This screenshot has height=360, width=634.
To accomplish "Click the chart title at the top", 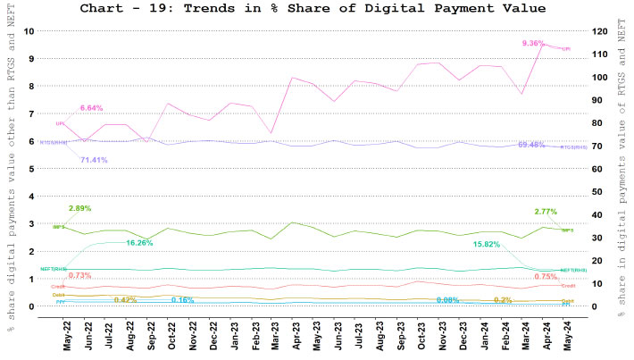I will click(324, 9).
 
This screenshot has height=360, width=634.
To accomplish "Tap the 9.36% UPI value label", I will click(534, 43).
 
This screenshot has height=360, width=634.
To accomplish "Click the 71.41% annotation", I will click(94, 160).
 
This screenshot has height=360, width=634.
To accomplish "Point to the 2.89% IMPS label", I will click(80, 208).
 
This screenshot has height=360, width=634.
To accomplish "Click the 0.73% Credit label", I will click(80, 275).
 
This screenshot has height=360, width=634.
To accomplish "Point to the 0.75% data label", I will click(545, 276).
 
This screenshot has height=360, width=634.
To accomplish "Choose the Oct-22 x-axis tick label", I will click(167, 336).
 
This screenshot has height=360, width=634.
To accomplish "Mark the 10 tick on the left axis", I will click(29, 31).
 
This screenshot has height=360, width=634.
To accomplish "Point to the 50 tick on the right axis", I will click(602, 192).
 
